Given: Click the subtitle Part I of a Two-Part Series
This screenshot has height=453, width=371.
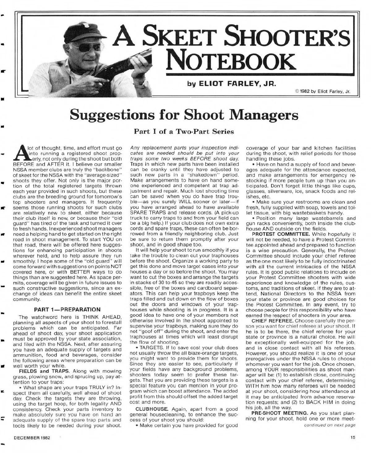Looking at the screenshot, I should pyautogui.click(x=184, y=132).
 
